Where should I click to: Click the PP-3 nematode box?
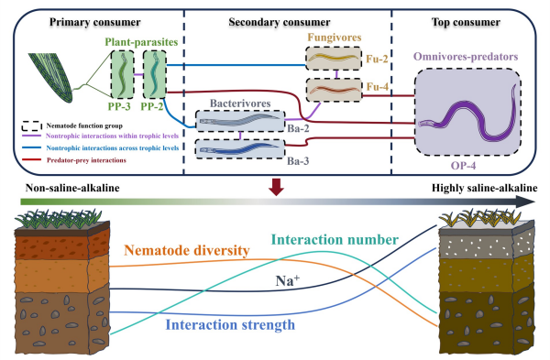[x=123, y=74]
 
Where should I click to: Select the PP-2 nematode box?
[x=155, y=74]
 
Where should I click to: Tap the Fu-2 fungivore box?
[x=334, y=59]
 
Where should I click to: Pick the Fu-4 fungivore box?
[x=334, y=90]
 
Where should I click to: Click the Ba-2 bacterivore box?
[x=240, y=121]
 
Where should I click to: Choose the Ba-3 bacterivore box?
[x=240, y=149]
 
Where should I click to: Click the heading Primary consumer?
[x=95, y=22]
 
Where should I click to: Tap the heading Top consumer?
[x=466, y=22]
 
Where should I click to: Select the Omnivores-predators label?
[x=466, y=57]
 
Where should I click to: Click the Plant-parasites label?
[x=141, y=42]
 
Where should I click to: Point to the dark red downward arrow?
[x=276, y=187]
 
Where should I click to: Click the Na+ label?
[x=288, y=280]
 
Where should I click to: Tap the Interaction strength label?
[x=230, y=325]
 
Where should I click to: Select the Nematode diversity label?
[x=187, y=251]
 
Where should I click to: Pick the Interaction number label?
[x=335, y=240]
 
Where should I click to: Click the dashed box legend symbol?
[x=31, y=125]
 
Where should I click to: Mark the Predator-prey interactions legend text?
[x=86, y=160]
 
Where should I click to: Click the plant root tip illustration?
[x=51, y=78]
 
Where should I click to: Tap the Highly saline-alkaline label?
[x=484, y=188]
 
